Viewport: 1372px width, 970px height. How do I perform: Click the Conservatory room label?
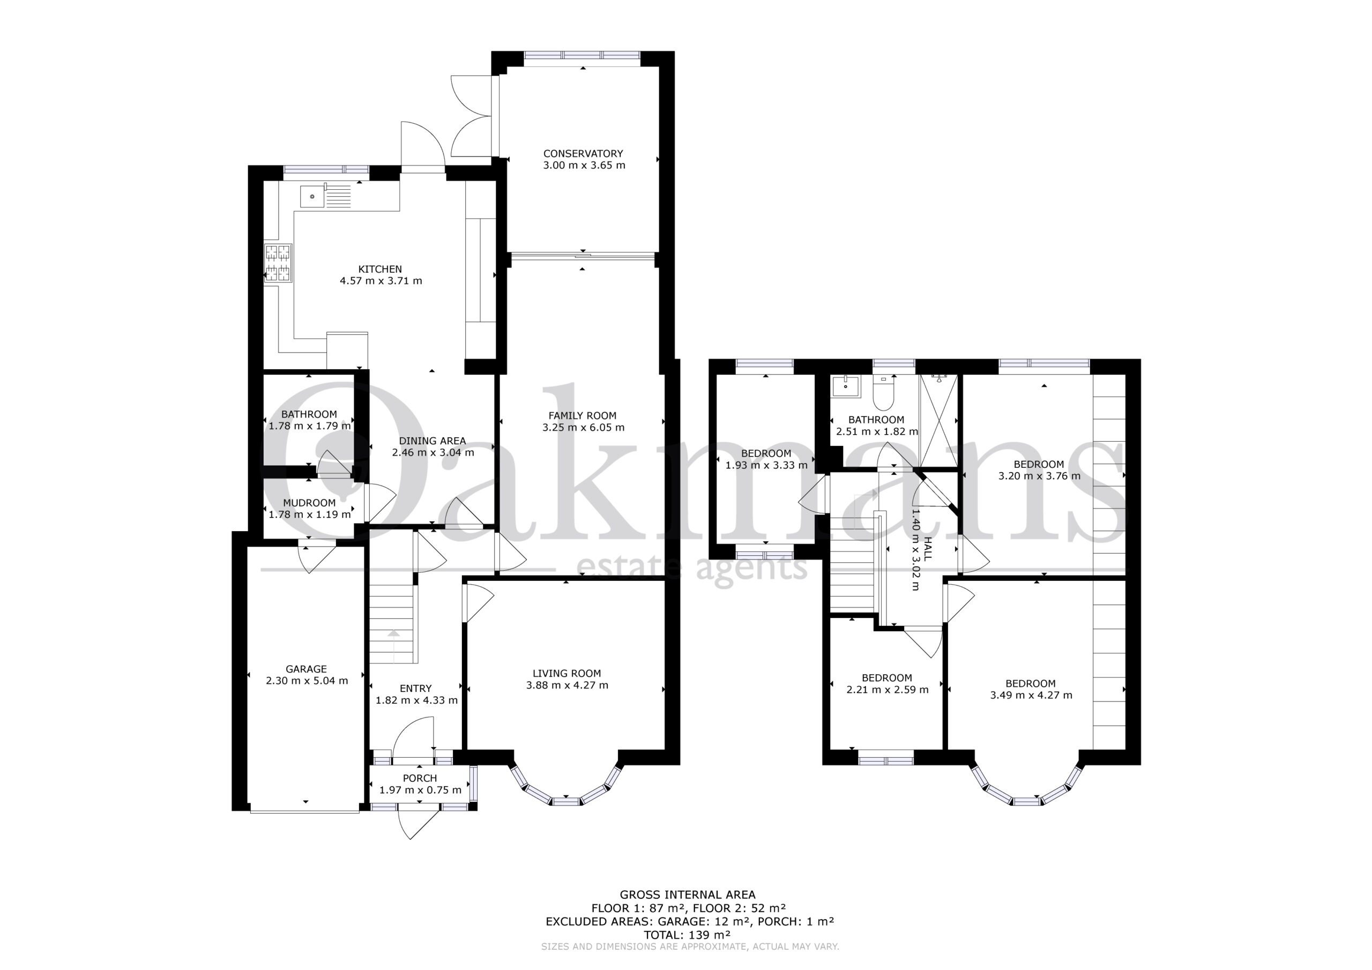click(583, 154)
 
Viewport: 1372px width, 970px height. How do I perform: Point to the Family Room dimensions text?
click(583, 427)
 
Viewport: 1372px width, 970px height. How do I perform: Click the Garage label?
click(306, 669)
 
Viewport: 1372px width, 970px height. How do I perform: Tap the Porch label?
click(420, 778)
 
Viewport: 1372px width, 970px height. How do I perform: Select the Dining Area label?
click(433, 441)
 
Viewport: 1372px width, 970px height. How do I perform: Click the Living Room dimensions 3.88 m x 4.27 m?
click(567, 685)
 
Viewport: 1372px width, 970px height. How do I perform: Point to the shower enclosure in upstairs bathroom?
click(939, 420)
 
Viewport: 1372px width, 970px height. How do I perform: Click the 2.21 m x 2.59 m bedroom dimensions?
click(888, 690)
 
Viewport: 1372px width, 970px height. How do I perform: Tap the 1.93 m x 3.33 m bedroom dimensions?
click(766, 465)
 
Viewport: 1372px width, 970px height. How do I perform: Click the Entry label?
click(416, 689)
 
